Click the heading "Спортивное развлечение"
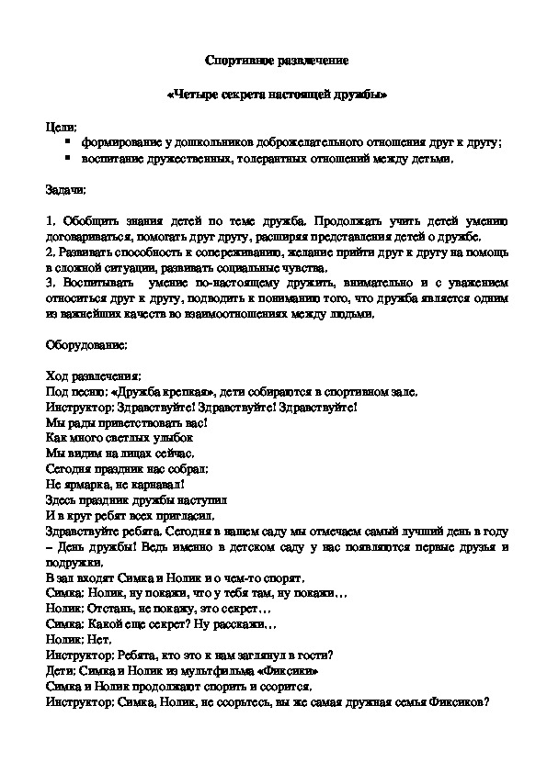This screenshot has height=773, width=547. pyautogui.click(x=274, y=61)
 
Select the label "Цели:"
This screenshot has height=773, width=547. pyautogui.click(x=62, y=127)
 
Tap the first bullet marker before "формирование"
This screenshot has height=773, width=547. pyautogui.click(x=68, y=143)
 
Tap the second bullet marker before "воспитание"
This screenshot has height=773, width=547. pyautogui.click(x=68, y=160)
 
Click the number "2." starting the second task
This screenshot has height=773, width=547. pyautogui.click(x=51, y=252)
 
